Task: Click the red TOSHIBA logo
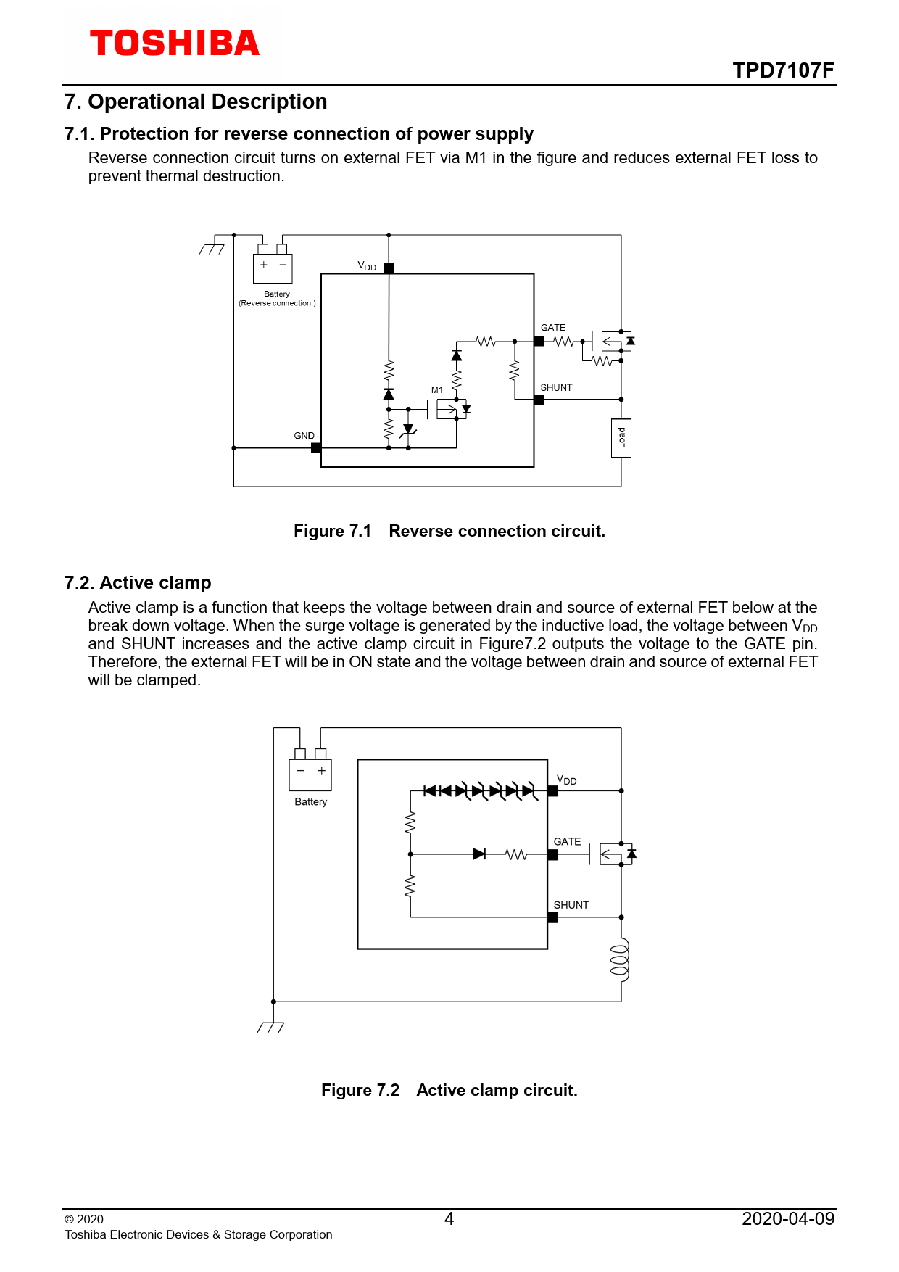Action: coord(174,44)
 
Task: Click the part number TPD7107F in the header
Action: coord(783,70)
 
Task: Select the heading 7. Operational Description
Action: coord(196,102)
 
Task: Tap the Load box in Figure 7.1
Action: coord(621,438)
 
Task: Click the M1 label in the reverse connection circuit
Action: coord(437,390)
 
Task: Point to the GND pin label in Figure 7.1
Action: coord(304,436)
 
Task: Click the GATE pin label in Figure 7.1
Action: coord(553,328)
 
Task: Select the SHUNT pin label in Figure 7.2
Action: coord(571,905)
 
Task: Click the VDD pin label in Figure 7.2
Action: coord(566,780)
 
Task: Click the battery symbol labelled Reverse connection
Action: coord(273,267)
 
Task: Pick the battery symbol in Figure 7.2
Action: coord(310,773)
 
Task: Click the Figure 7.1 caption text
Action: coord(449,531)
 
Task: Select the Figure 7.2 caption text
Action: coord(449,1090)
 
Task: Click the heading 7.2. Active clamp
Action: coord(138,583)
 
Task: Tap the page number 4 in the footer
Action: coord(449,1218)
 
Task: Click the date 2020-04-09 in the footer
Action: coord(788,1218)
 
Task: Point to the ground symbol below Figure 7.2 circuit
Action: coord(271,1026)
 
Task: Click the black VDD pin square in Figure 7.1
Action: coord(389,268)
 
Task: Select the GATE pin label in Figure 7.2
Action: coord(567,842)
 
